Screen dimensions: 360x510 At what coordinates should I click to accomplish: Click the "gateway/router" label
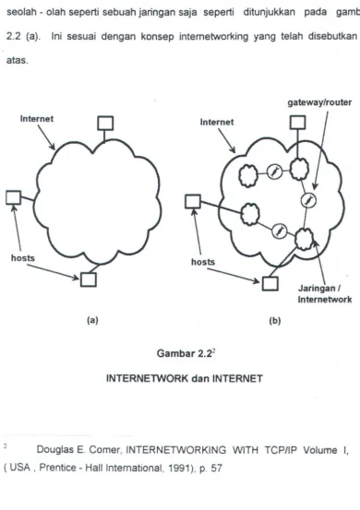click(x=319, y=102)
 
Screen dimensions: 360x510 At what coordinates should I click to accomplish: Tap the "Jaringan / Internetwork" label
click(x=325, y=293)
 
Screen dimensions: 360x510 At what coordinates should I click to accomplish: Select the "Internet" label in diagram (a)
click(x=37, y=119)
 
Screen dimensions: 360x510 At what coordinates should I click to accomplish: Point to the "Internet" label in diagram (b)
click(x=217, y=122)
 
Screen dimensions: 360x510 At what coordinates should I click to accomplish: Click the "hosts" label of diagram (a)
click(x=23, y=258)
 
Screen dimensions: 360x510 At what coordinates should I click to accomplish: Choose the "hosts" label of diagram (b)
click(x=203, y=262)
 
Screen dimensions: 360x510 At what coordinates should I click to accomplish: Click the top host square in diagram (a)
click(x=105, y=124)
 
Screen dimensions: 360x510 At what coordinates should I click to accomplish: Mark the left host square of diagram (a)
click(x=13, y=197)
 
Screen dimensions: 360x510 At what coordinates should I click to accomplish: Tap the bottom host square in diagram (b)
click(x=270, y=283)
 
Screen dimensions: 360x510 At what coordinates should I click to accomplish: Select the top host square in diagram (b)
click(x=297, y=123)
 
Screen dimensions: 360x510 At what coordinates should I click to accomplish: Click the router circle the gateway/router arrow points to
click(x=307, y=200)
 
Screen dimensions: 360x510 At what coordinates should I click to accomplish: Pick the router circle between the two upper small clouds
click(x=274, y=172)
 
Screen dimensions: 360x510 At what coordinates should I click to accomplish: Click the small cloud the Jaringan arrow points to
click(x=305, y=239)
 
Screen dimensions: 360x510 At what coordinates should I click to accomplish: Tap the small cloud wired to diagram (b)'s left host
click(x=250, y=214)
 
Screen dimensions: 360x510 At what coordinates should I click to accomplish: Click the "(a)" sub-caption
click(x=92, y=320)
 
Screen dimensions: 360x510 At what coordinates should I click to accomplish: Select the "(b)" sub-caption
click(x=275, y=321)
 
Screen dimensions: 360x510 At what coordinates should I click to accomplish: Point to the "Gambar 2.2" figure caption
click(x=186, y=353)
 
